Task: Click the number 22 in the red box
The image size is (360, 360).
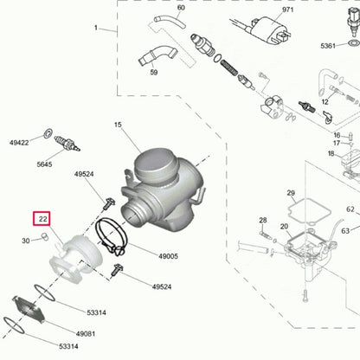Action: click(x=42, y=221)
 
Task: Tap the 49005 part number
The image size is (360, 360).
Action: click(x=167, y=256)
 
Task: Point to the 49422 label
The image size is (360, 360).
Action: click(x=19, y=142)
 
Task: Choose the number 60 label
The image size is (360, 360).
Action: click(x=180, y=8)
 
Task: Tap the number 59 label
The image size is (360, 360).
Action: click(x=153, y=72)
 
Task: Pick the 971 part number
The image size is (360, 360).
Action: click(x=264, y=8)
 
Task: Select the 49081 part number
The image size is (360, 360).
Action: click(x=86, y=333)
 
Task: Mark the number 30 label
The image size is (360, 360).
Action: click(x=26, y=241)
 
